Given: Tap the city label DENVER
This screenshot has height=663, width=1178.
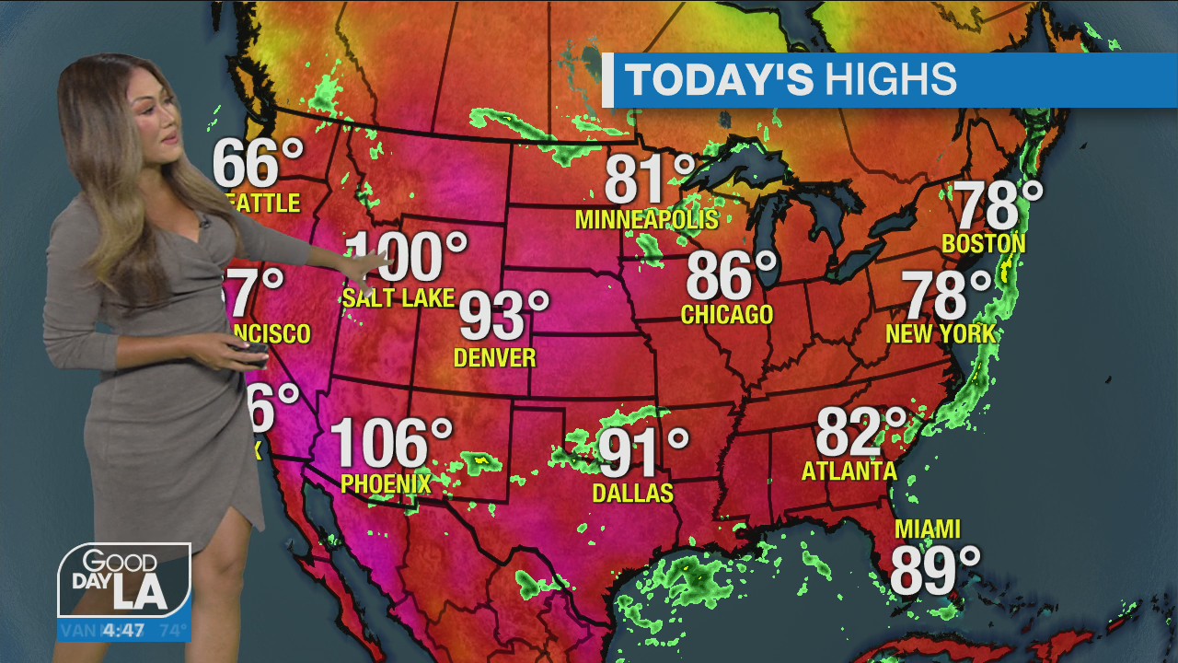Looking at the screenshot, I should [x=495, y=357].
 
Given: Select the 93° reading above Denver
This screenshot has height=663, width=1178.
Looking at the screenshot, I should [x=503, y=317].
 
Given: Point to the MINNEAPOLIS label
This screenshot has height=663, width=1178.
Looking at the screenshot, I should [x=646, y=220].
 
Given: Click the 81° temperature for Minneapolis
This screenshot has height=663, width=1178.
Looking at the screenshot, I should [x=650, y=180].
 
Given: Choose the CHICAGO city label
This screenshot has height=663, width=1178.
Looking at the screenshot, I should [x=726, y=315].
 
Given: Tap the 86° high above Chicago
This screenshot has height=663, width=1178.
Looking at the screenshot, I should [x=732, y=275].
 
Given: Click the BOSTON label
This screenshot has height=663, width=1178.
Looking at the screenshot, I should [x=983, y=244].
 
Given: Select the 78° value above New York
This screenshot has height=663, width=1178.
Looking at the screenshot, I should [x=946, y=296].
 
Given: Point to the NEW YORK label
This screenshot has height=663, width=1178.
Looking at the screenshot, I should [x=941, y=333].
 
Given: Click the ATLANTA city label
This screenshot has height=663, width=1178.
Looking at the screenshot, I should [x=849, y=471].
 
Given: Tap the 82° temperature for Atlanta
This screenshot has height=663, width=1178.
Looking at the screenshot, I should [x=861, y=432].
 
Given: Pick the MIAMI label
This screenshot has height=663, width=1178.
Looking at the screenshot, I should [x=928, y=529].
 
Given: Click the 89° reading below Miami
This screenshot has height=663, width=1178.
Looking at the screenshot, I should [x=935, y=571].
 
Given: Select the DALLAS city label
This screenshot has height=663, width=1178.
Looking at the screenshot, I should [x=632, y=494].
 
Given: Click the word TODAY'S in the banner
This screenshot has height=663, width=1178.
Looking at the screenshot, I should [x=720, y=80].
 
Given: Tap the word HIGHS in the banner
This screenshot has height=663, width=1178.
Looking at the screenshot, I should [x=890, y=80].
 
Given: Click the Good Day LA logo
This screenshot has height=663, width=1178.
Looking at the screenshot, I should [x=124, y=580].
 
